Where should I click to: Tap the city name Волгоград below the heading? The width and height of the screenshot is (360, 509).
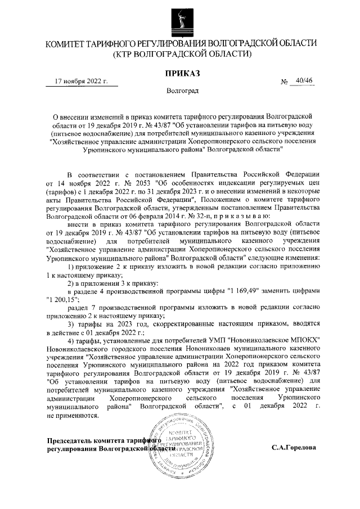181,90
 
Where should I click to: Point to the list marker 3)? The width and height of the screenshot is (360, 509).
71,323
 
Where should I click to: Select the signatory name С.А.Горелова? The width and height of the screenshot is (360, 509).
293,448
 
